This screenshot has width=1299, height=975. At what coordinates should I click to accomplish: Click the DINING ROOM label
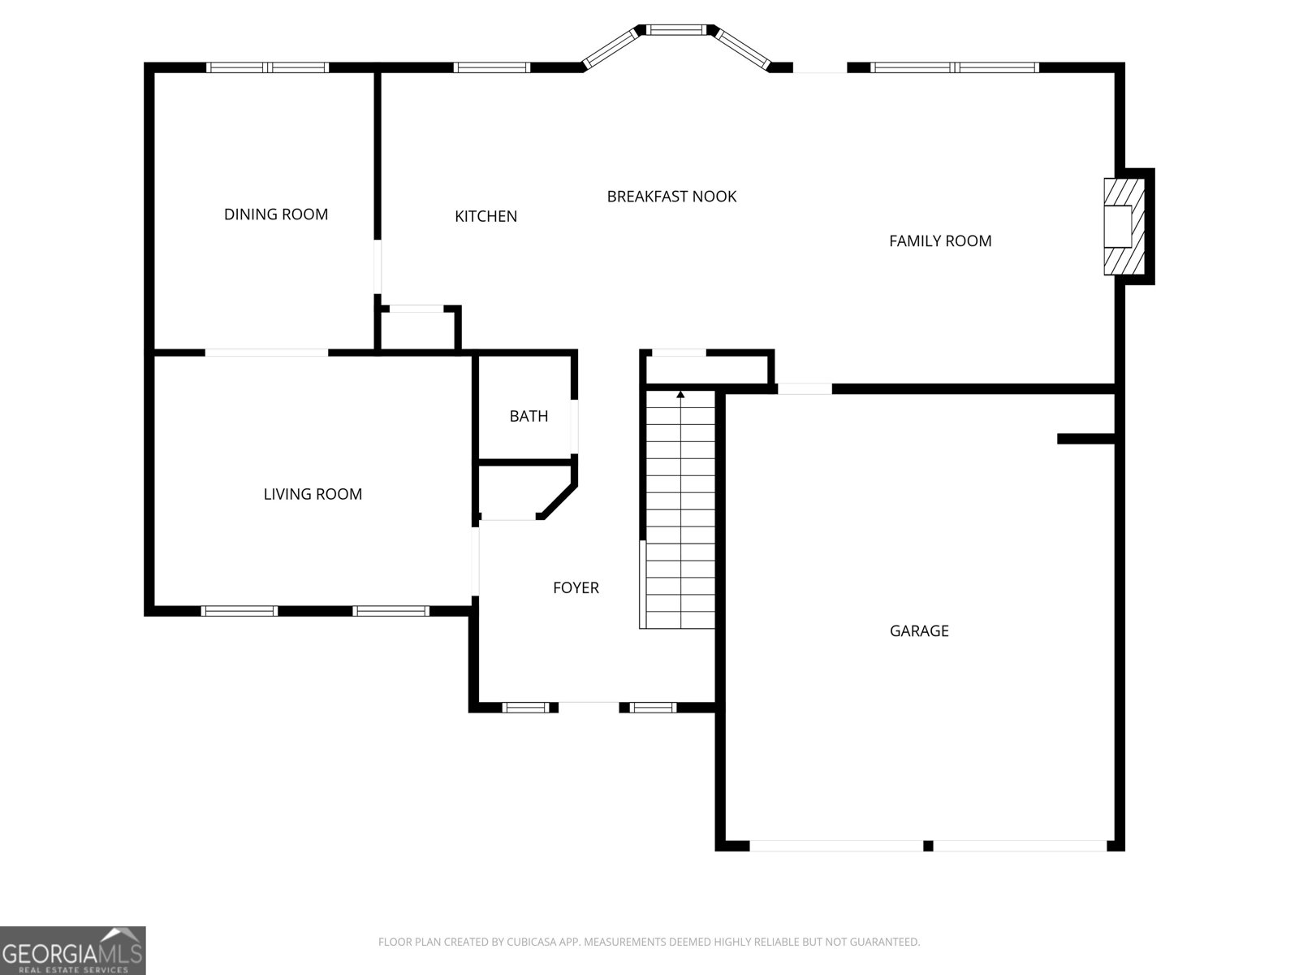276,214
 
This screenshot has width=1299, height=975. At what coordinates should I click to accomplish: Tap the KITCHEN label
486,216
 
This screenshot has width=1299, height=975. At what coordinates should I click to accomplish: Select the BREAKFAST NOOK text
671,197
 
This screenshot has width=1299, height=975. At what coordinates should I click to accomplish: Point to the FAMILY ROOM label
940,240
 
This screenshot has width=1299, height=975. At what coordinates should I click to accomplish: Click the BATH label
529,416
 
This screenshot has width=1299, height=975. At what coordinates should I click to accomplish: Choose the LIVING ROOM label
313,494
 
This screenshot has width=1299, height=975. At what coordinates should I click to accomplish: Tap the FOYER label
576,587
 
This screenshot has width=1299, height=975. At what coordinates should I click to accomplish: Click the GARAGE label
919,630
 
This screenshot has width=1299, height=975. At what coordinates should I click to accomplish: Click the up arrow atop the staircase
680,395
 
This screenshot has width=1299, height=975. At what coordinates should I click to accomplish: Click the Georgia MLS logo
72,950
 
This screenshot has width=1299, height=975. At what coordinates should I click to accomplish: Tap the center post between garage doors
928,846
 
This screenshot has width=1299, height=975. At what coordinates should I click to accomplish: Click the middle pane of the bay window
675,30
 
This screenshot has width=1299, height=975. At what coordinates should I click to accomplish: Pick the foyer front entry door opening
589,707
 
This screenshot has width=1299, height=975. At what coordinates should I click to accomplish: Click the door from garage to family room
805,389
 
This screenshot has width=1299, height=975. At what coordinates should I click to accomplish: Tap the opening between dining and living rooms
266,353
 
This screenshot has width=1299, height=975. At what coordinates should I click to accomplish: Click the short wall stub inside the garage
1085,439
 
